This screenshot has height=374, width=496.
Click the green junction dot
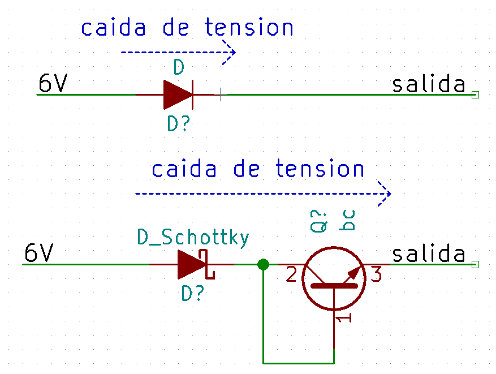(x=263, y=264)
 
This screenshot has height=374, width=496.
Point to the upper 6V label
(x=53, y=83)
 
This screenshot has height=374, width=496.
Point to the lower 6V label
(x=39, y=252)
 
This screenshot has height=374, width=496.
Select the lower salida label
(x=429, y=253)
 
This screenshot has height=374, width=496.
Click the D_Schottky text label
(x=193, y=237)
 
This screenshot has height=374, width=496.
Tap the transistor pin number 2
(x=291, y=274)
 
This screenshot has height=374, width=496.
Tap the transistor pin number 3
(x=376, y=274)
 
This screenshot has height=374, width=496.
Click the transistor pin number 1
(x=343, y=318)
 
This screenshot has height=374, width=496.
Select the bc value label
(x=347, y=220)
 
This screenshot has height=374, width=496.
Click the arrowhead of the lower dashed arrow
(x=385, y=194)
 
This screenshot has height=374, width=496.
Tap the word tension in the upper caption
(x=249, y=27)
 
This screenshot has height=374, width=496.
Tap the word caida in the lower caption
(x=184, y=169)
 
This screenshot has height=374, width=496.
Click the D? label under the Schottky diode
(x=193, y=293)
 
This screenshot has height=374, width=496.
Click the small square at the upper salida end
(x=475, y=94)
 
